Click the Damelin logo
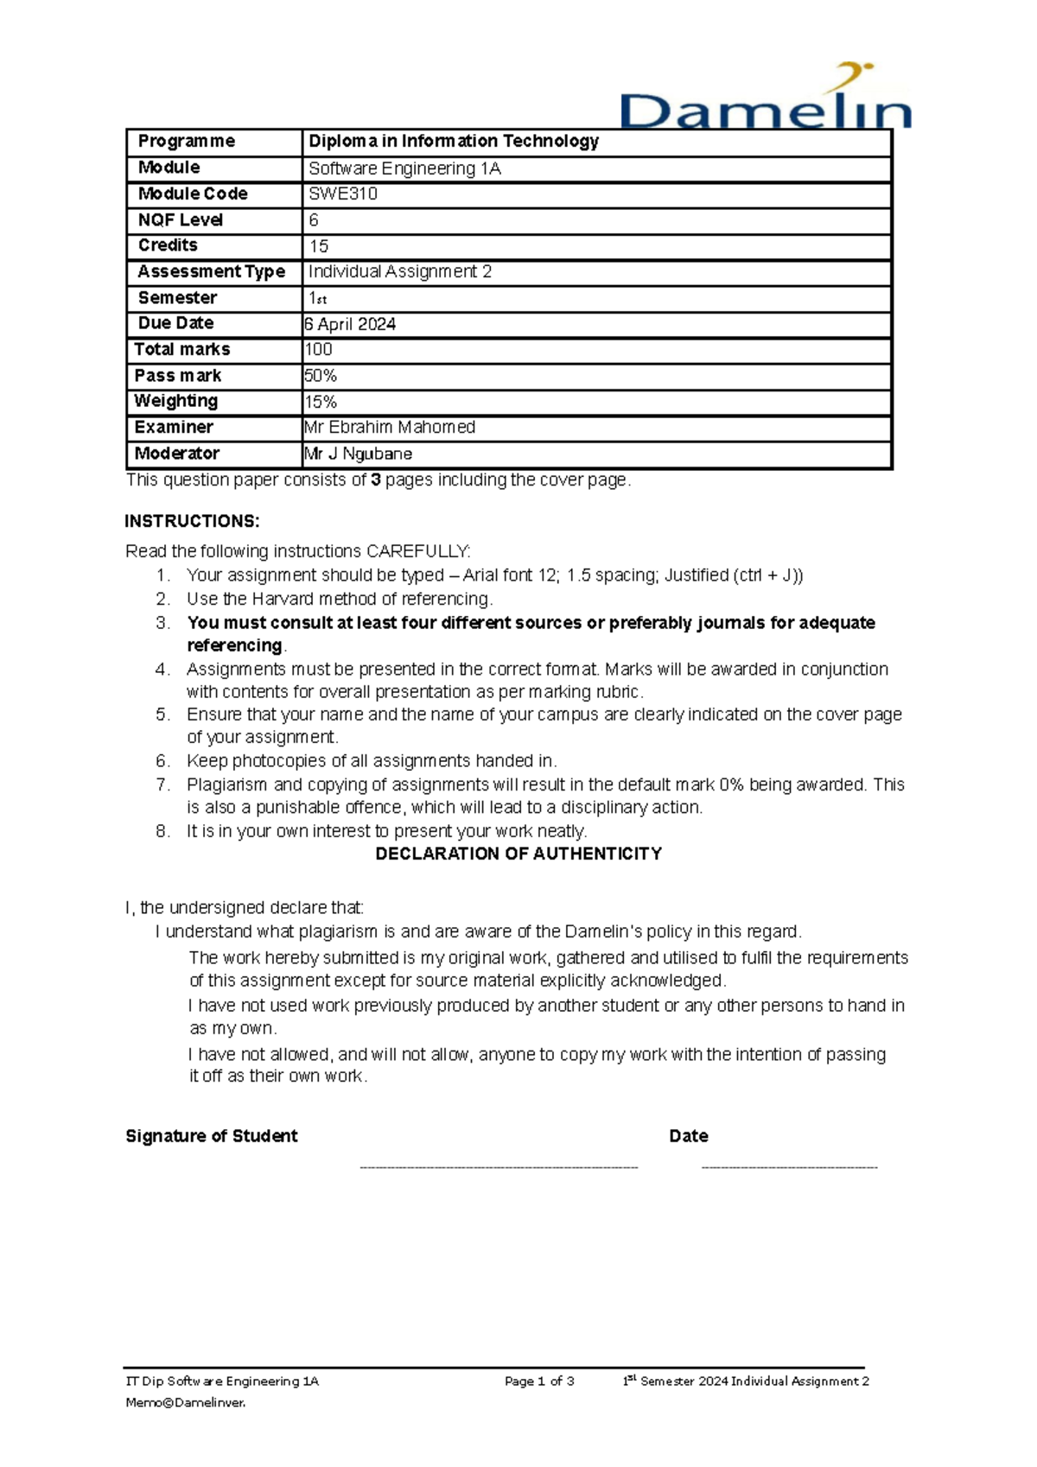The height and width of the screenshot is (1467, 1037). [766, 100]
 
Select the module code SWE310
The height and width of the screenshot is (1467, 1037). [343, 194]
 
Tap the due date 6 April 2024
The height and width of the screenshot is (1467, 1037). [350, 324]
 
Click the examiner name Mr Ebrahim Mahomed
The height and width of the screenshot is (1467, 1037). [390, 428]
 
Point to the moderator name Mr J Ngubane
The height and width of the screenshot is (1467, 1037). [358, 454]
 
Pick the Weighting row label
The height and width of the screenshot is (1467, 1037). [176, 401]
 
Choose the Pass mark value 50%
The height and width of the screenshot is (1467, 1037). [321, 376]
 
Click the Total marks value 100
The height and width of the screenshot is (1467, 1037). [319, 350]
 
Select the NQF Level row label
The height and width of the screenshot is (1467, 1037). [181, 220]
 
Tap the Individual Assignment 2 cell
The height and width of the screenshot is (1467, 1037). [400, 272]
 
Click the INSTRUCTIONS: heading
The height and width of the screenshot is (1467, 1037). [192, 521]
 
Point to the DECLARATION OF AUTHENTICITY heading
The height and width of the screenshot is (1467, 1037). [518, 854]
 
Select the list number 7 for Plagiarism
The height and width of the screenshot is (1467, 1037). [162, 784]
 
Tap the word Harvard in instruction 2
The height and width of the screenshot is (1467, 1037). [283, 599]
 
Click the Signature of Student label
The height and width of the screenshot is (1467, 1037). [212, 1136]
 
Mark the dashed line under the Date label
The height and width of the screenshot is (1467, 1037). [790, 1167]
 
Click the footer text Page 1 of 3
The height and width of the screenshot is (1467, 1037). [539, 1381]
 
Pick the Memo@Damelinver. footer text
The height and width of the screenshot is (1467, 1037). [186, 1403]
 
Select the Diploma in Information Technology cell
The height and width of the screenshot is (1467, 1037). [454, 142]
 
